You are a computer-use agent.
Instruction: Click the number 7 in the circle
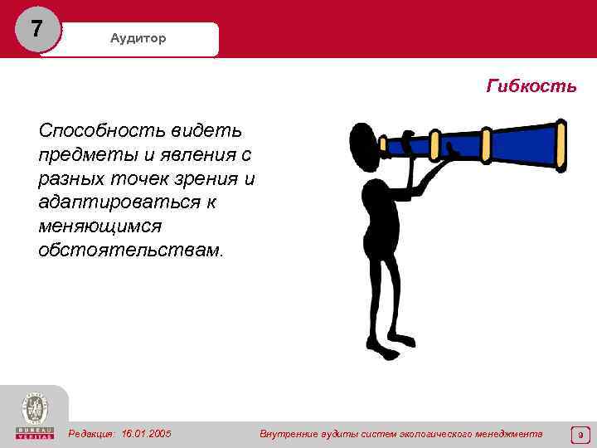pos(35,29)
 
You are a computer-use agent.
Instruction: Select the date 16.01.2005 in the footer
pos(147,434)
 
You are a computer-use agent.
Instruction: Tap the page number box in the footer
pos(580,434)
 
